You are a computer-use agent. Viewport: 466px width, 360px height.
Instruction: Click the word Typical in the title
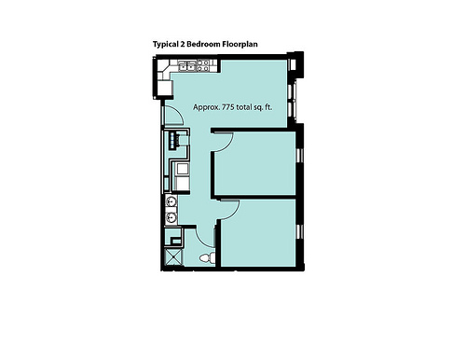pos(165,45)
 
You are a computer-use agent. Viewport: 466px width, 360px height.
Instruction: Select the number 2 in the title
pos(183,44)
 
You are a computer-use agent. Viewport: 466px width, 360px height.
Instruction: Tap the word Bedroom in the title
pos(203,44)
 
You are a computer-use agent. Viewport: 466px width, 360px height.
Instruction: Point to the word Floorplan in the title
pos(240,45)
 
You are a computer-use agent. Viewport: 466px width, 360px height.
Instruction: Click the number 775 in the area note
pos(228,107)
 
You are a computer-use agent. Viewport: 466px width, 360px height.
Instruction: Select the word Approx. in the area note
pos(207,107)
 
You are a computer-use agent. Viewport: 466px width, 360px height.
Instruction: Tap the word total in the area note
pos(245,107)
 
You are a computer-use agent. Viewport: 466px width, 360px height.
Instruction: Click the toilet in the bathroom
pos(207,257)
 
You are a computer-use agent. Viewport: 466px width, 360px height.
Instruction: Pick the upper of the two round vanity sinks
pos(171,201)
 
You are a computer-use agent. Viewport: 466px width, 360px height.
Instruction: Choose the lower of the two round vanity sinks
pos(171,217)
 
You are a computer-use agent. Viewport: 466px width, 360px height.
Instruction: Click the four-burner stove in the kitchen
pos(203,65)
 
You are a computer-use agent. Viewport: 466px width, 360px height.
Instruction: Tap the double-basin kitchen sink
pos(186,65)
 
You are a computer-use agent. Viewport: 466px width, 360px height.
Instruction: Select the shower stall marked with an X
pos(173,257)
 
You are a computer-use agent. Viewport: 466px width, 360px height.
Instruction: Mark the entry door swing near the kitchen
pos(177,113)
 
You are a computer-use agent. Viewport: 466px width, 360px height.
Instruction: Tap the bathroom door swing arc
pos(201,241)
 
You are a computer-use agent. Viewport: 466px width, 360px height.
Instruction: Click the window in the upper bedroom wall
pos(300,156)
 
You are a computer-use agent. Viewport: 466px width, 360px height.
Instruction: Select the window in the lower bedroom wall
pos(300,232)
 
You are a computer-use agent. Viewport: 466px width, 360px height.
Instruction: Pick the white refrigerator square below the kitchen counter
pos(164,88)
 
